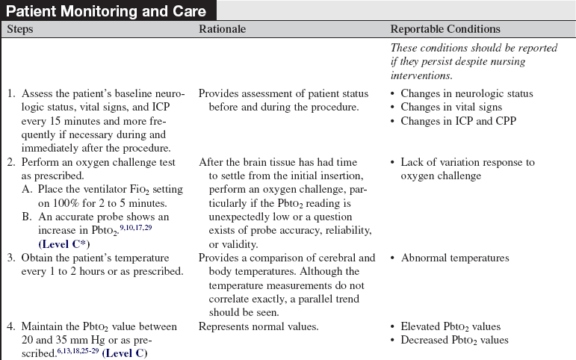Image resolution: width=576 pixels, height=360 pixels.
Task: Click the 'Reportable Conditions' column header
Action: coord(446,30)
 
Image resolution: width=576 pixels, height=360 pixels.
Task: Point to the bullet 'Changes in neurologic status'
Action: coord(466,93)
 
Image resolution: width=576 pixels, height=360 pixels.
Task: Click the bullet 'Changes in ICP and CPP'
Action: coord(457,120)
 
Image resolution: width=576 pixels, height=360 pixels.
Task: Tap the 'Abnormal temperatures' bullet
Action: coord(455,258)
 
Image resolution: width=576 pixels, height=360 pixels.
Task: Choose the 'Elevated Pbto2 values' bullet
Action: coord(450,326)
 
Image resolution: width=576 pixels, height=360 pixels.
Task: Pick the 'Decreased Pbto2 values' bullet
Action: coord(454,340)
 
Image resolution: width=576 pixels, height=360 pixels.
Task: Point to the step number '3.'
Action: coord(12,258)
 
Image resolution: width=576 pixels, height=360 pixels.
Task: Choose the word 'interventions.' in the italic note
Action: coord(423,75)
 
